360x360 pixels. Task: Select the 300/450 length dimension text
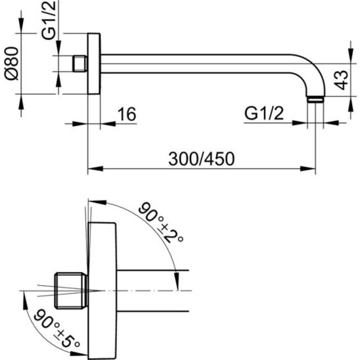click(202, 158)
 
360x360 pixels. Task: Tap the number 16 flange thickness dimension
click(126, 114)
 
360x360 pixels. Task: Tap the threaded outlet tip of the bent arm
click(315, 100)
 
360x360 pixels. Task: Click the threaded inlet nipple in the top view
click(79, 64)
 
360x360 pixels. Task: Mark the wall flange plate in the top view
click(94, 64)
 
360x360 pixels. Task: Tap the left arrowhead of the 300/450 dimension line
click(92, 169)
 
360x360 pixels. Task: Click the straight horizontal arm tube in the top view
click(204, 64)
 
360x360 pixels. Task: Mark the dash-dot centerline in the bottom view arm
click(151, 290)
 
